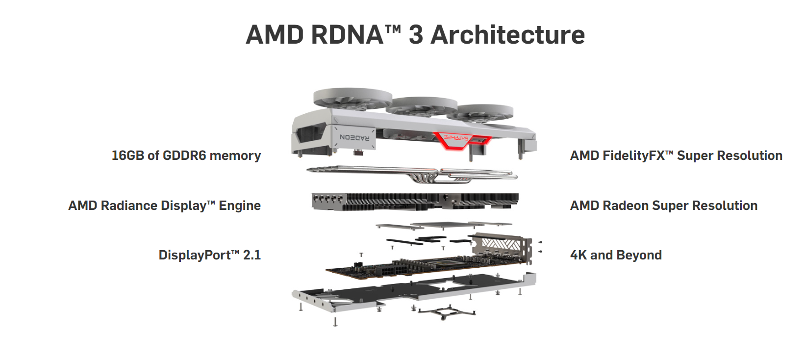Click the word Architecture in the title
pyautogui.click(x=507, y=35)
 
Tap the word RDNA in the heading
pyautogui.click(x=347, y=35)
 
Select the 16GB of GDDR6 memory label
pyautogui.click(x=186, y=155)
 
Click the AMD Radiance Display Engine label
pyautogui.click(x=164, y=206)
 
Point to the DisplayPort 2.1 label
pyautogui.click(x=210, y=255)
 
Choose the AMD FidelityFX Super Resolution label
pyautogui.click(x=676, y=155)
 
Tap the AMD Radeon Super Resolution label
pyautogui.click(x=664, y=206)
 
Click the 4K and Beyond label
pyautogui.click(x=616, y=255)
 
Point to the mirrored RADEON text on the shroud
pyautogui.click(x=354, y=137)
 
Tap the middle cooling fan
pyautogui.click(x=422, y=106)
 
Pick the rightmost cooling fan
pyautogui.click(x=480, y=113)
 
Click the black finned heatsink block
pyautogui.click(x=415, y=202)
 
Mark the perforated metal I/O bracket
pyautogui.click(x=503, y=248)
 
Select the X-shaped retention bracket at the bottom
pyautogui.click(x=446, y=312)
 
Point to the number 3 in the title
pyautogui.click(x=416, y=35)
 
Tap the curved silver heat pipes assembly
pyautogui.click(x=412, y=174)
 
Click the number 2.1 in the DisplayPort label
pyautogui.click(x=252, y=255)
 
